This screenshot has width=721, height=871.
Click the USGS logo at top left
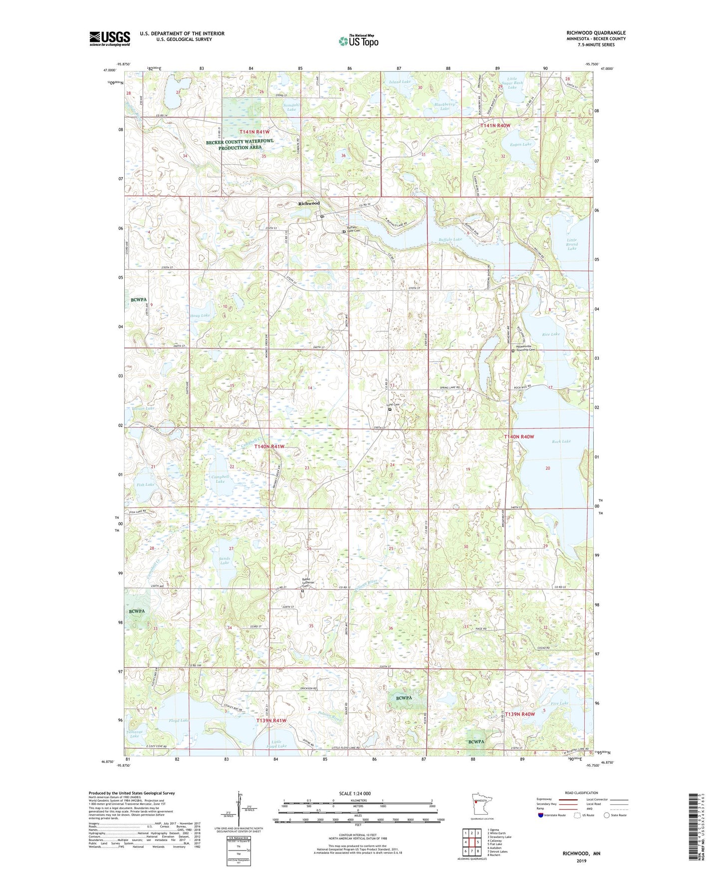tap(109, 38)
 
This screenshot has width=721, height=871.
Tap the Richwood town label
tap(309, 203)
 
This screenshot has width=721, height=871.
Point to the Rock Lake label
tap(561, 441)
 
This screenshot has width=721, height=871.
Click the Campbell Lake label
tap(220, 479)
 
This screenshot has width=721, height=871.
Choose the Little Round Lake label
tap(572, 244)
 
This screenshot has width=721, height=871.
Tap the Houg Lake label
tap(200, 315)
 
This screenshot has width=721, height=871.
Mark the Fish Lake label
tap(145, 484)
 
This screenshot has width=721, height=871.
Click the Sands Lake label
tap(225, 560)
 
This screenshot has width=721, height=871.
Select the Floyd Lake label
tap(179, 720)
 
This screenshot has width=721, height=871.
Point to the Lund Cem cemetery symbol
tap(390, 409)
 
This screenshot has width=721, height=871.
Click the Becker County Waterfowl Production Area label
tap(240, 144)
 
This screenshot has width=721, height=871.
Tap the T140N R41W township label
tap(269, 446)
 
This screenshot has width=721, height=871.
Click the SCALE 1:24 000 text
tap(355, 793)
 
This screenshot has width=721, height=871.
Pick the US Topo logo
tap(358, 41)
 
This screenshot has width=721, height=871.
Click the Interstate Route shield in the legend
tap(541, 815)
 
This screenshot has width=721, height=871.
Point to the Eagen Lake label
tap(520, 144)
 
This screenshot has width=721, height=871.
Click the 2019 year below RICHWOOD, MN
tap(581, 861)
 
